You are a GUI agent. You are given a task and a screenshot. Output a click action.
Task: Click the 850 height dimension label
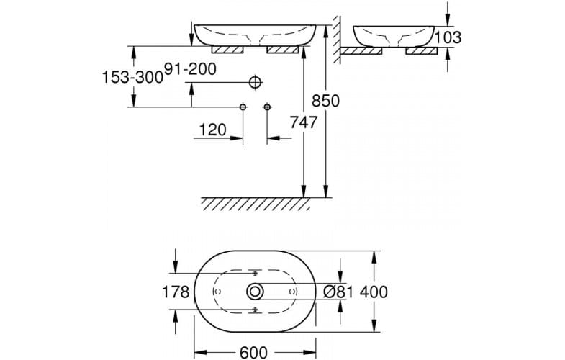tap(325, 101)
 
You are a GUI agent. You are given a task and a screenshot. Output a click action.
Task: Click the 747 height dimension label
tap(304, 123)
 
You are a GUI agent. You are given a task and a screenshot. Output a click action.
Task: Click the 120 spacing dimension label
tap(212, 130)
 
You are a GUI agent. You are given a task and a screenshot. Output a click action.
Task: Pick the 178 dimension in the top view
tap(176, 292)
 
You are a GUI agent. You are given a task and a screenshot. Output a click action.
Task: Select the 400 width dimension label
tap(374, 292)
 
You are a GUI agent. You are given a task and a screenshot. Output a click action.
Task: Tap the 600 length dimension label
tap(253, 352)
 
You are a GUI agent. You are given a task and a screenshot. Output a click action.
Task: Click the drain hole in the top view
tap(256, 292)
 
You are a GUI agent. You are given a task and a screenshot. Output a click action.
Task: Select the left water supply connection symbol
tap(243, 107)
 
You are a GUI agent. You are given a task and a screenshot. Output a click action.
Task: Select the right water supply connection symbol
tap(267, 107)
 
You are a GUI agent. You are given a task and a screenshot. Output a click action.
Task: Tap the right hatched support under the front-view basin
tap(283, 50)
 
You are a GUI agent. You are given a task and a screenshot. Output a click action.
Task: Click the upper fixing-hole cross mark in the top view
tap(256, 274)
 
